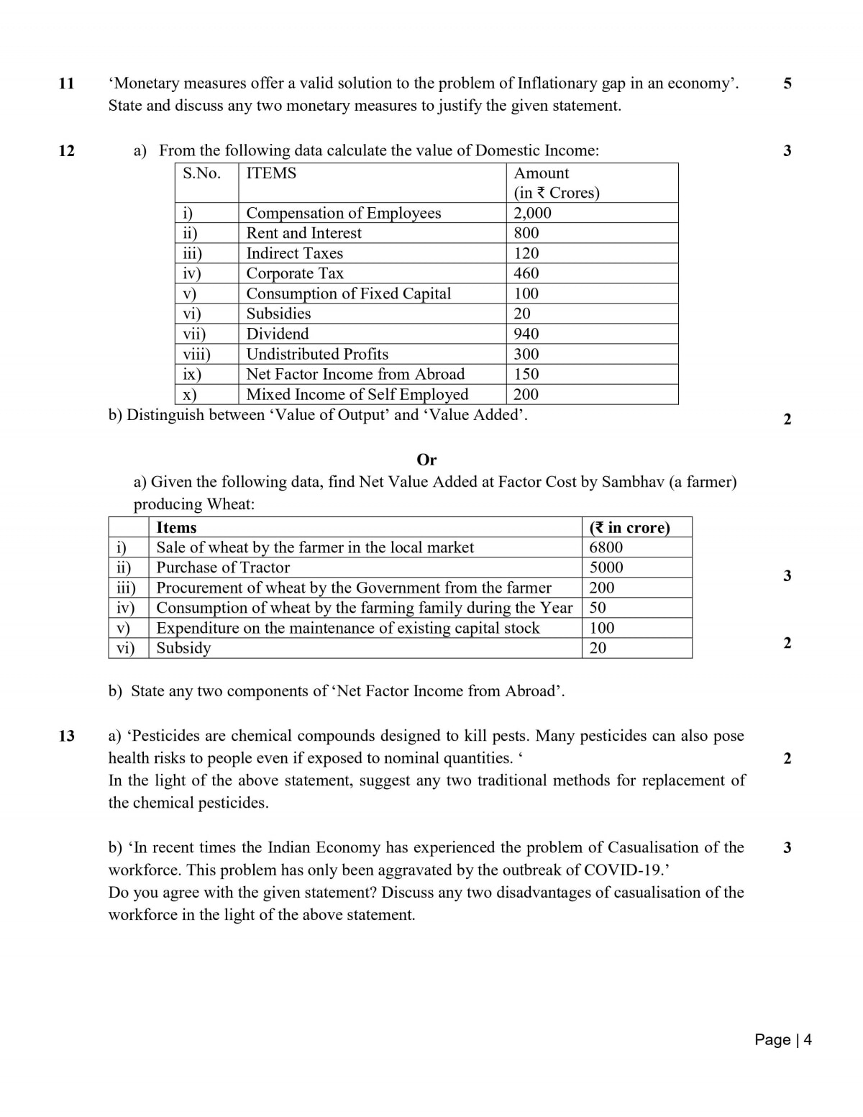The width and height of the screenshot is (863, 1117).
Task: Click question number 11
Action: pos(66,83)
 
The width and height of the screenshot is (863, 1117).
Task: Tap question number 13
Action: pos(66,736)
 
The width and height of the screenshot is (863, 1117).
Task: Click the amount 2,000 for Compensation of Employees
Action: pos(532,213)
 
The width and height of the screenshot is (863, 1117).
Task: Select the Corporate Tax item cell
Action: pos(295,273)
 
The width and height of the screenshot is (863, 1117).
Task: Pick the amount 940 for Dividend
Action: pos(526,334)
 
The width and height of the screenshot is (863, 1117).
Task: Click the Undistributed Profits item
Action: pos(317,354)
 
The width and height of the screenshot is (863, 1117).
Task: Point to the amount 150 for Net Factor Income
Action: pos(526,374)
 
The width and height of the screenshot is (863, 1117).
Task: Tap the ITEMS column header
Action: pos(271,173)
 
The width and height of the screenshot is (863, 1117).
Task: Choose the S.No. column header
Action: pos(201,173)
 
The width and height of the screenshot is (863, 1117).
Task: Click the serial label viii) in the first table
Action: pos(196,354)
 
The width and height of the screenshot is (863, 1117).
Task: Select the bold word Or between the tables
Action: pos(426,460)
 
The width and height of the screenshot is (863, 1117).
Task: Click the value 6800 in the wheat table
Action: pos(606,547)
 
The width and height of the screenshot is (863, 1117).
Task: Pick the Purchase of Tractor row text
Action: pos(223,567)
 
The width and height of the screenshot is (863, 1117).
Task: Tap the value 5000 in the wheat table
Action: pos(606,567)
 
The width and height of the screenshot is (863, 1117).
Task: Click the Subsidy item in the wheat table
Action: pos(184,648)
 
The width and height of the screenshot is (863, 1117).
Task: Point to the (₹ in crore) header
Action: pos(629,527)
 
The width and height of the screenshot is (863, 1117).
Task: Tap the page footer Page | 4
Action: pos(783,1039)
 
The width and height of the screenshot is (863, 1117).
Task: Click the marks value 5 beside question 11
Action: pos(787,83)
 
